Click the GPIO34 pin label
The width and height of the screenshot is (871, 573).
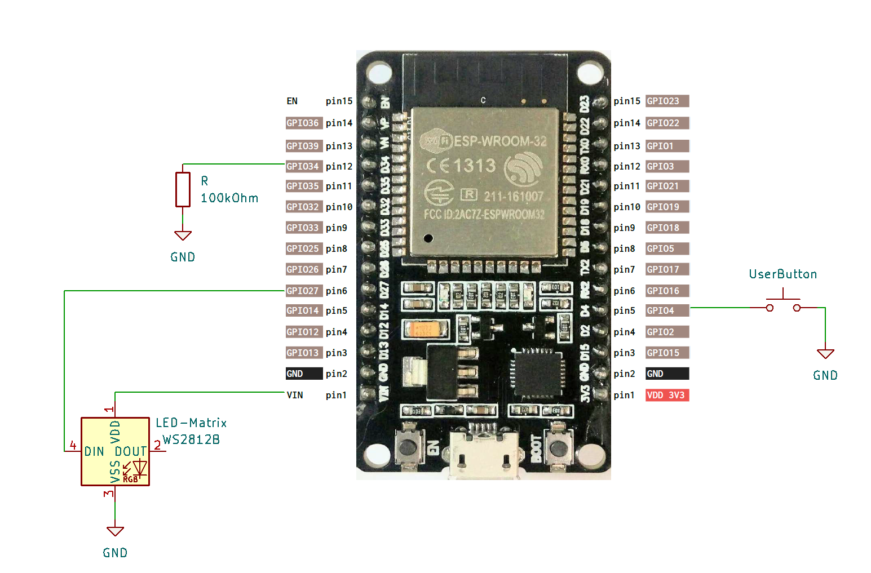pyautogui.click(x=303, y=166)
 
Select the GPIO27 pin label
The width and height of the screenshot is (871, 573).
pyautogui.click(x=303, y=291)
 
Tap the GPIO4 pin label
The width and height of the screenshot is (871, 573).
pyautogui.click(x=666, y=310)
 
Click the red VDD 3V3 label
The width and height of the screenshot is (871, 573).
pyautogui.click(x=666, y=395)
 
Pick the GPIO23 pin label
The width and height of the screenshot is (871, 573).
pyautogui.click(x=666, y=101)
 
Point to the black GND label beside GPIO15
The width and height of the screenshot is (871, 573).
pyautogui.click(x=666, y=374)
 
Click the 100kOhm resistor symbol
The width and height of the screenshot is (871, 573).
pyautogui.click(x=183, y=189)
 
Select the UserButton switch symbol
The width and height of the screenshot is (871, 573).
pyautogui.click(x=783, y=304)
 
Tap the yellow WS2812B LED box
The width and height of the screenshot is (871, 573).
pyautogui.click(x=115, y=451)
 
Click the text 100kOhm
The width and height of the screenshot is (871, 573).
pyautogui.click(x=229, y=198)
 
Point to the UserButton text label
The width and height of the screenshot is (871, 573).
pyautogui.click(x=782, y=274)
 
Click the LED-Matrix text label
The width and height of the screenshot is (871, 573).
pyautogui.click(x=191, y=423)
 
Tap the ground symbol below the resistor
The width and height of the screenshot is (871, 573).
pyautogui.click(x=183, y=236)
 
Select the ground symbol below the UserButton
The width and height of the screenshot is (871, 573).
pyautogui.click(x=825, y=354)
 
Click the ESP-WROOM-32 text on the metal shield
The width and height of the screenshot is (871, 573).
pyautogui.click(x=499, y=141)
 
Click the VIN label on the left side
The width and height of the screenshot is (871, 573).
pyautogui.click(x=294, y=395)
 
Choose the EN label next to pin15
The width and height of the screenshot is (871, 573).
pyautogui.click(x=291, y=101)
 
